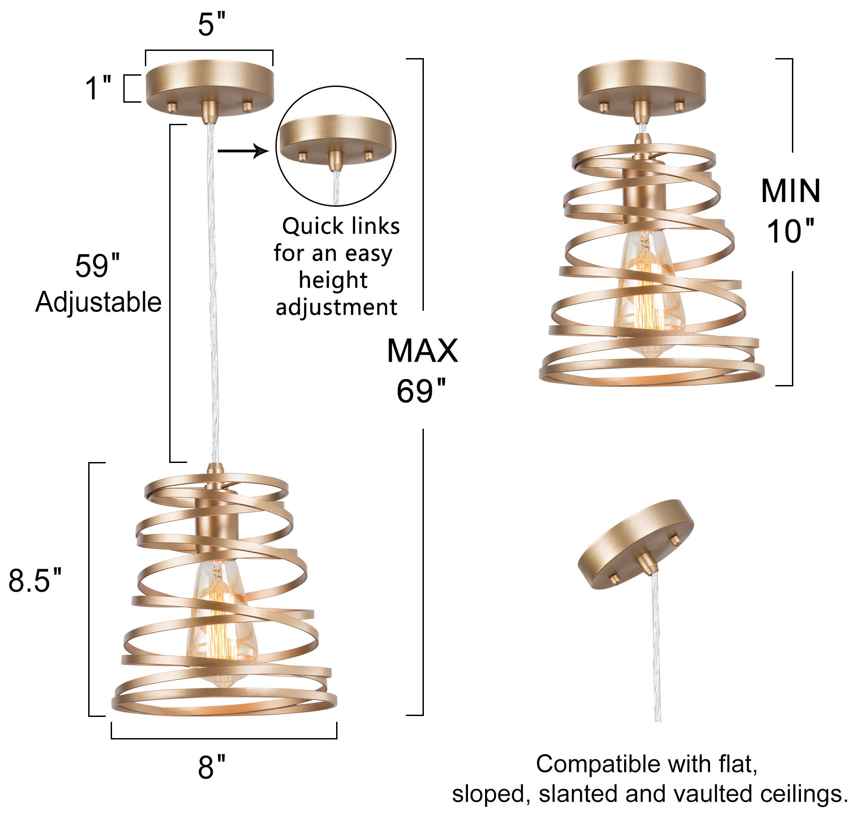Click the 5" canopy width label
211,24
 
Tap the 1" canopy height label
98,88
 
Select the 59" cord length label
97,266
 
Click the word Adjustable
98,302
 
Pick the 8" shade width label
211,767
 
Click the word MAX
422,351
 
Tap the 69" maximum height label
421,391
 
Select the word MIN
791,191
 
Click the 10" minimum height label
791,231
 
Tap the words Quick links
341,226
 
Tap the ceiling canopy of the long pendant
209,88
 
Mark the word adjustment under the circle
336,308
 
